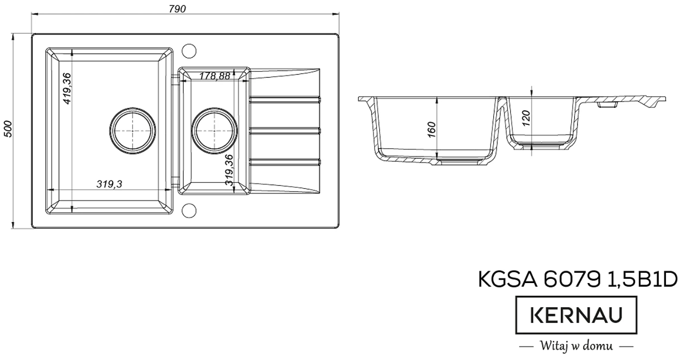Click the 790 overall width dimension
click(x=177, y=9)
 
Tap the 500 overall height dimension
click(x=9, y=129)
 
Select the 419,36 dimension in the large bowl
click(x=66, y=89)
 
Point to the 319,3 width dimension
click(x=109, y=184)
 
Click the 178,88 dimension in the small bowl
click(x=215, y=75)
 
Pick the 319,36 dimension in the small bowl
click(x=229, y=170)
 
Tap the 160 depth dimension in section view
click(x=432, y=130)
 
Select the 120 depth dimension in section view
click(x=526, y=119)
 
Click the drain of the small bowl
click(x=214, y=131)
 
